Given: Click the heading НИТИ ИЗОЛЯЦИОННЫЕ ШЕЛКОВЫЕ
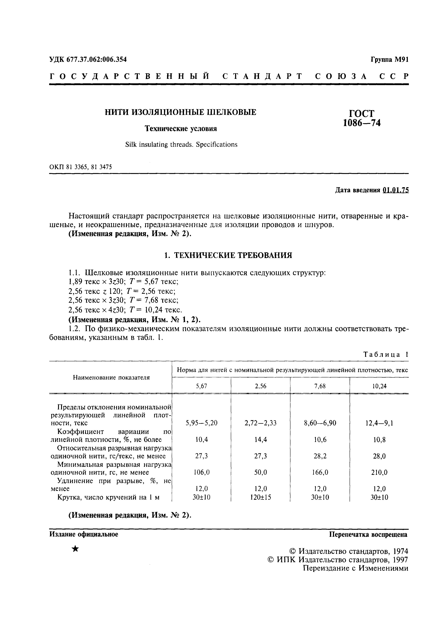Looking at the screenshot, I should pyautogui.click(x=181, y=112).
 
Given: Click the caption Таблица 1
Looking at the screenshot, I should pyautogui.click(x=386, y=355).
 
